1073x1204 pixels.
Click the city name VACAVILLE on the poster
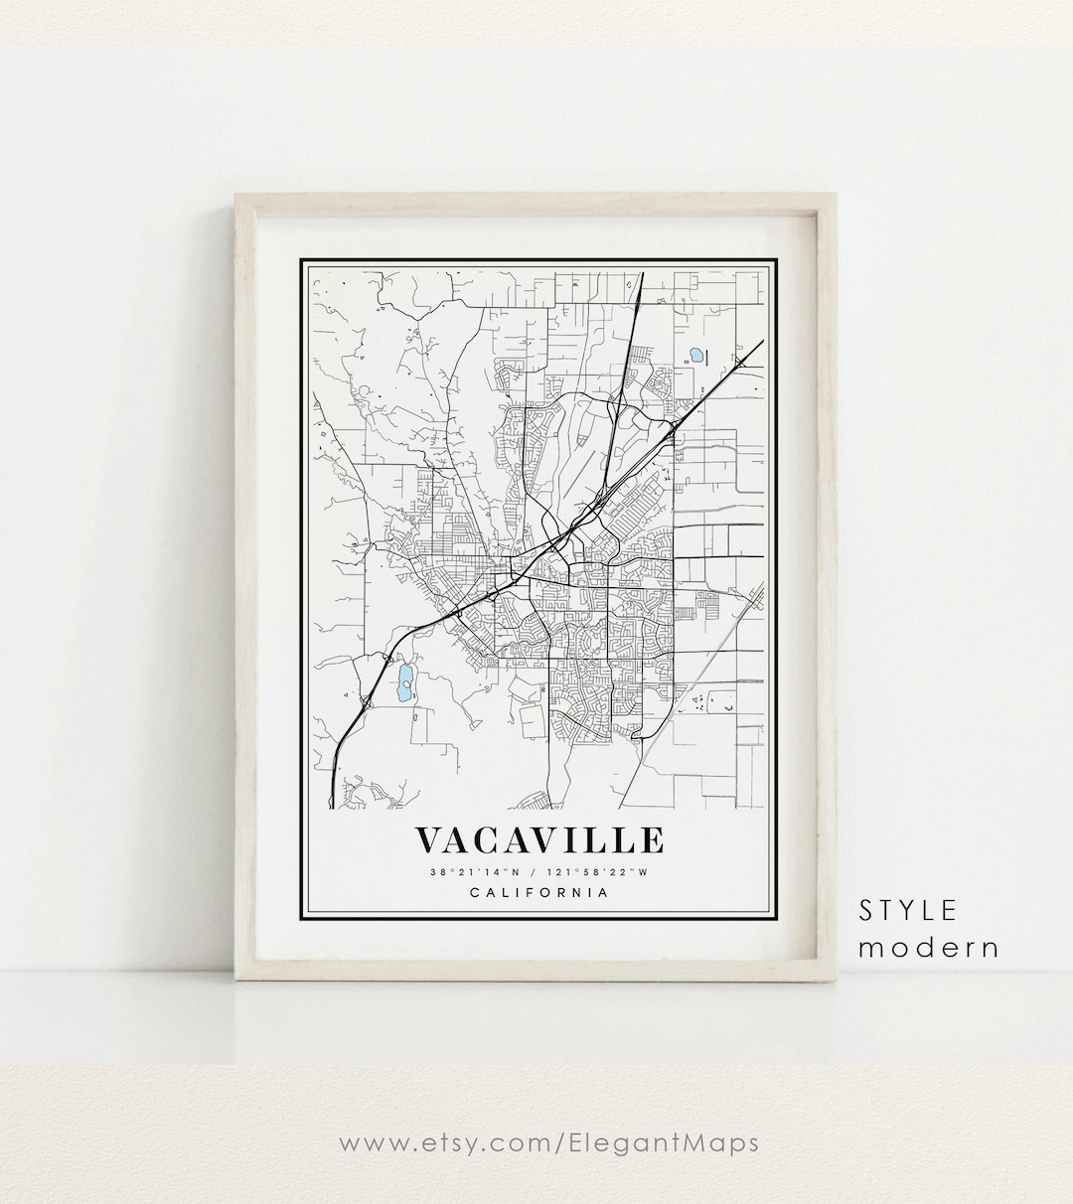click(538, 840)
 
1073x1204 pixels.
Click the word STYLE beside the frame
click(908, 910)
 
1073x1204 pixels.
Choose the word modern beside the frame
click(928, 947)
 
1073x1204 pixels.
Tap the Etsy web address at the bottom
click(549, 1143)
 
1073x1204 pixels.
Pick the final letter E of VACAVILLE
click(652, 840)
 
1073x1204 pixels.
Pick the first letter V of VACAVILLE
click(429, 840)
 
